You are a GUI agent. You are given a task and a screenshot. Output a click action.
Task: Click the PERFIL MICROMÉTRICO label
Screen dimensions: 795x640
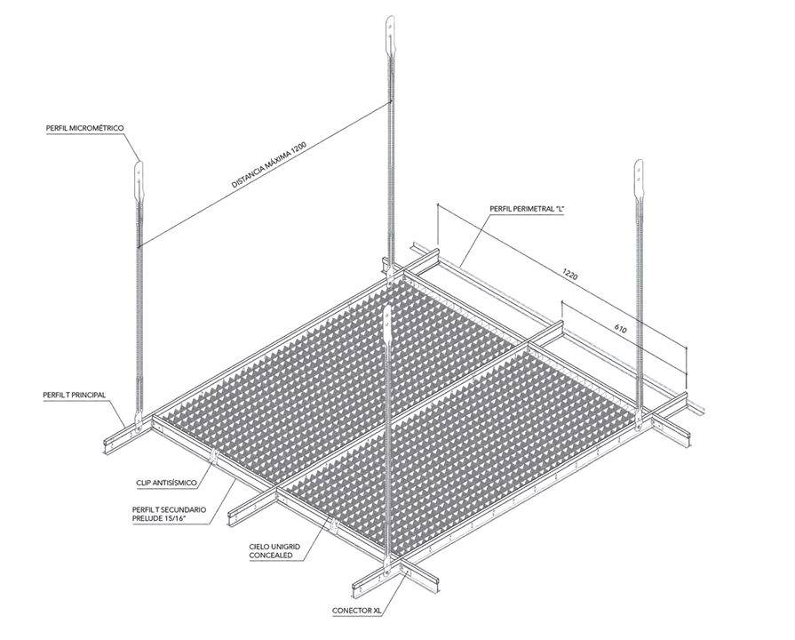pos(84,128)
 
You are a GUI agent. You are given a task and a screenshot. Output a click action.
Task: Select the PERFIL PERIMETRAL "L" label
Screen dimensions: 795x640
pos(527,209)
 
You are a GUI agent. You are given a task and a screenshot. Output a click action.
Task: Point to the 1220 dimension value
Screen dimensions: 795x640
pos(570,275)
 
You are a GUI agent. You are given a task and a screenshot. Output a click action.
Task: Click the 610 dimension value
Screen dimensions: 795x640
pos(620,329)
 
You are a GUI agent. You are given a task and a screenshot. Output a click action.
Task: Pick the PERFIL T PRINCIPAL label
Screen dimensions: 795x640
pos(75,395)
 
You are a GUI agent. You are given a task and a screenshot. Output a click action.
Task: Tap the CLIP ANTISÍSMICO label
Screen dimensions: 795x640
pos(166,483)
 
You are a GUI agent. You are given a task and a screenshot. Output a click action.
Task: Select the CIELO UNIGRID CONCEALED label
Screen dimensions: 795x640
pos(274,551)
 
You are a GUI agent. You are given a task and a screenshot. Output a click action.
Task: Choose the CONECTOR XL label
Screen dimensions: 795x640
pos(356,611)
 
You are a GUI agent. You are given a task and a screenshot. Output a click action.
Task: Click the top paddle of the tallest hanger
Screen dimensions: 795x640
pos(390,37)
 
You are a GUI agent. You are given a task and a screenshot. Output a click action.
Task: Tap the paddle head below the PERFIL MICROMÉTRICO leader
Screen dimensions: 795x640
pos(139,181)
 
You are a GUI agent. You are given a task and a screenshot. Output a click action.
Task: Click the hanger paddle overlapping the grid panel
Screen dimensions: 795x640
pos(388,324)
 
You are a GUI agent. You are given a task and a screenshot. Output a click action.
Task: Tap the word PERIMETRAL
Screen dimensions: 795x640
pos(531,209)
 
